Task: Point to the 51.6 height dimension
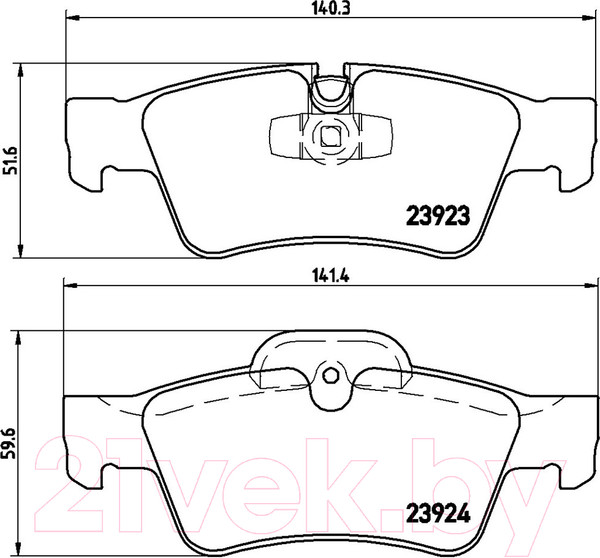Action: (x=12, y=157)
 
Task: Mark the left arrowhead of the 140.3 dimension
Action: (x=70, y=19)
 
